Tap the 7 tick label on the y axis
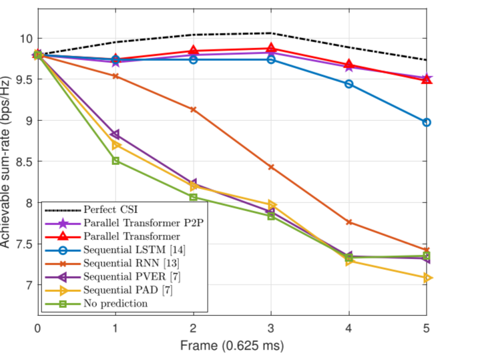tap(27, 285)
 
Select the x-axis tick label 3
tap(271, 329)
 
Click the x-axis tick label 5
tap(426, 329)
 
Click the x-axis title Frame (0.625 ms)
tap(232, 346)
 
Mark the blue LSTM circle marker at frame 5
tap(427, 122)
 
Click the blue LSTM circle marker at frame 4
tap(349, 84)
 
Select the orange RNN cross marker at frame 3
tap(271, 167)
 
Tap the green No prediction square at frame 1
tap(116, 161)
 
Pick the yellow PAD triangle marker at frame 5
tap(427, 278)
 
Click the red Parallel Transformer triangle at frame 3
tap(271, 48)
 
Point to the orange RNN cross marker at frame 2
tap(194, 110)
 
